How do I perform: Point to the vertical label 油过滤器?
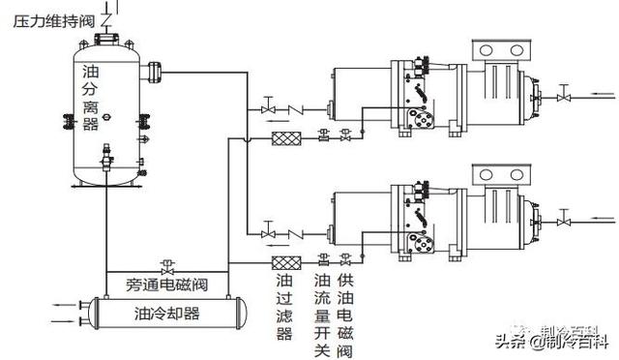(283, 307)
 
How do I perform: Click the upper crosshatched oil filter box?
(283, 136)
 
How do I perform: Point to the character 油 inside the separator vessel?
(91, 72)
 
